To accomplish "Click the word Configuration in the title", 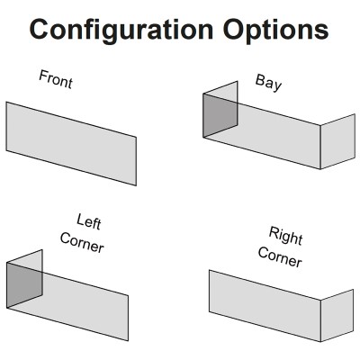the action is (121, 31).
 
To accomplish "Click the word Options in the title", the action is (275, 30).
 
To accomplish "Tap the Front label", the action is (56, 79).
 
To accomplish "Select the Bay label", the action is (268, 83).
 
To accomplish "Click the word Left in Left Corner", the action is (89, 221).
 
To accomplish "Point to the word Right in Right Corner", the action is (285, 236).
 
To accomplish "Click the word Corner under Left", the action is (82, 243).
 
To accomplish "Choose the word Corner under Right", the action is (280, 257).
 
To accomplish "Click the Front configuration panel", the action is (71, 143).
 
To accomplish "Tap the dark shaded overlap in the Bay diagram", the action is (220, 116).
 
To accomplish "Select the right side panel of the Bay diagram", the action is (337, 141).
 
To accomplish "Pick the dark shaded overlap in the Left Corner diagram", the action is (24, 285).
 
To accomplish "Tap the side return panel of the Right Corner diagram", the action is (337, 316).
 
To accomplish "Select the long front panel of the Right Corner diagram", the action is (265, 306).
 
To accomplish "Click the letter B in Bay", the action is (260, 79).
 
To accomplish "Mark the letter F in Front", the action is (43, 76).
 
